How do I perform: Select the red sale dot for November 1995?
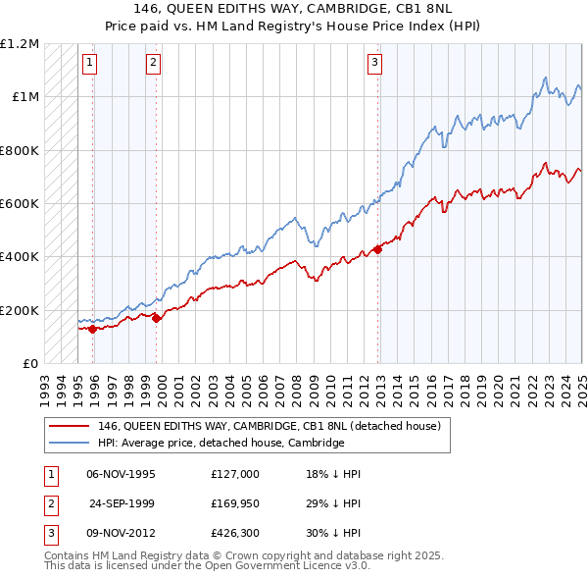(92, 330)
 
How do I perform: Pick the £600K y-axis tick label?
(19, 203)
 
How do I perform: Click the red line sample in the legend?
(69, 426)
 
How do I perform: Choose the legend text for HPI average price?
(220, 443)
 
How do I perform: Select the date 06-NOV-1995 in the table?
(121, 474)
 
